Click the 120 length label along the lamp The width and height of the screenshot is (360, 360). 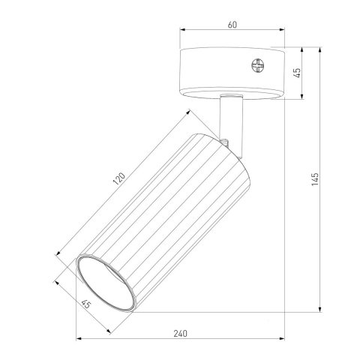point(118,179)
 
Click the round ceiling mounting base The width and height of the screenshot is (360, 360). point(232,73)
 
